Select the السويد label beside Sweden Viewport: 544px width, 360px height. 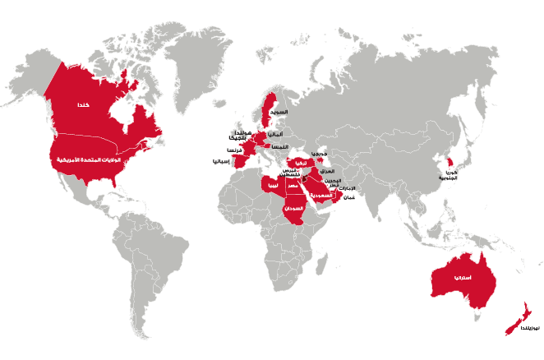click(x=281, y=109)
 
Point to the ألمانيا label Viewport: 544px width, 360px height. click(x=276, y=133)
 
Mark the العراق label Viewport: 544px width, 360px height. click(x=326, y=171)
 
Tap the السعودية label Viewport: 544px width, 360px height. click(x=320, y=196)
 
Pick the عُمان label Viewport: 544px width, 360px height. click(x=348, y=197)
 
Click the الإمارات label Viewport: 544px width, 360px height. click(x=348, y=187)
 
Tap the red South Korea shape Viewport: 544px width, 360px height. click(x=449, y=162)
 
